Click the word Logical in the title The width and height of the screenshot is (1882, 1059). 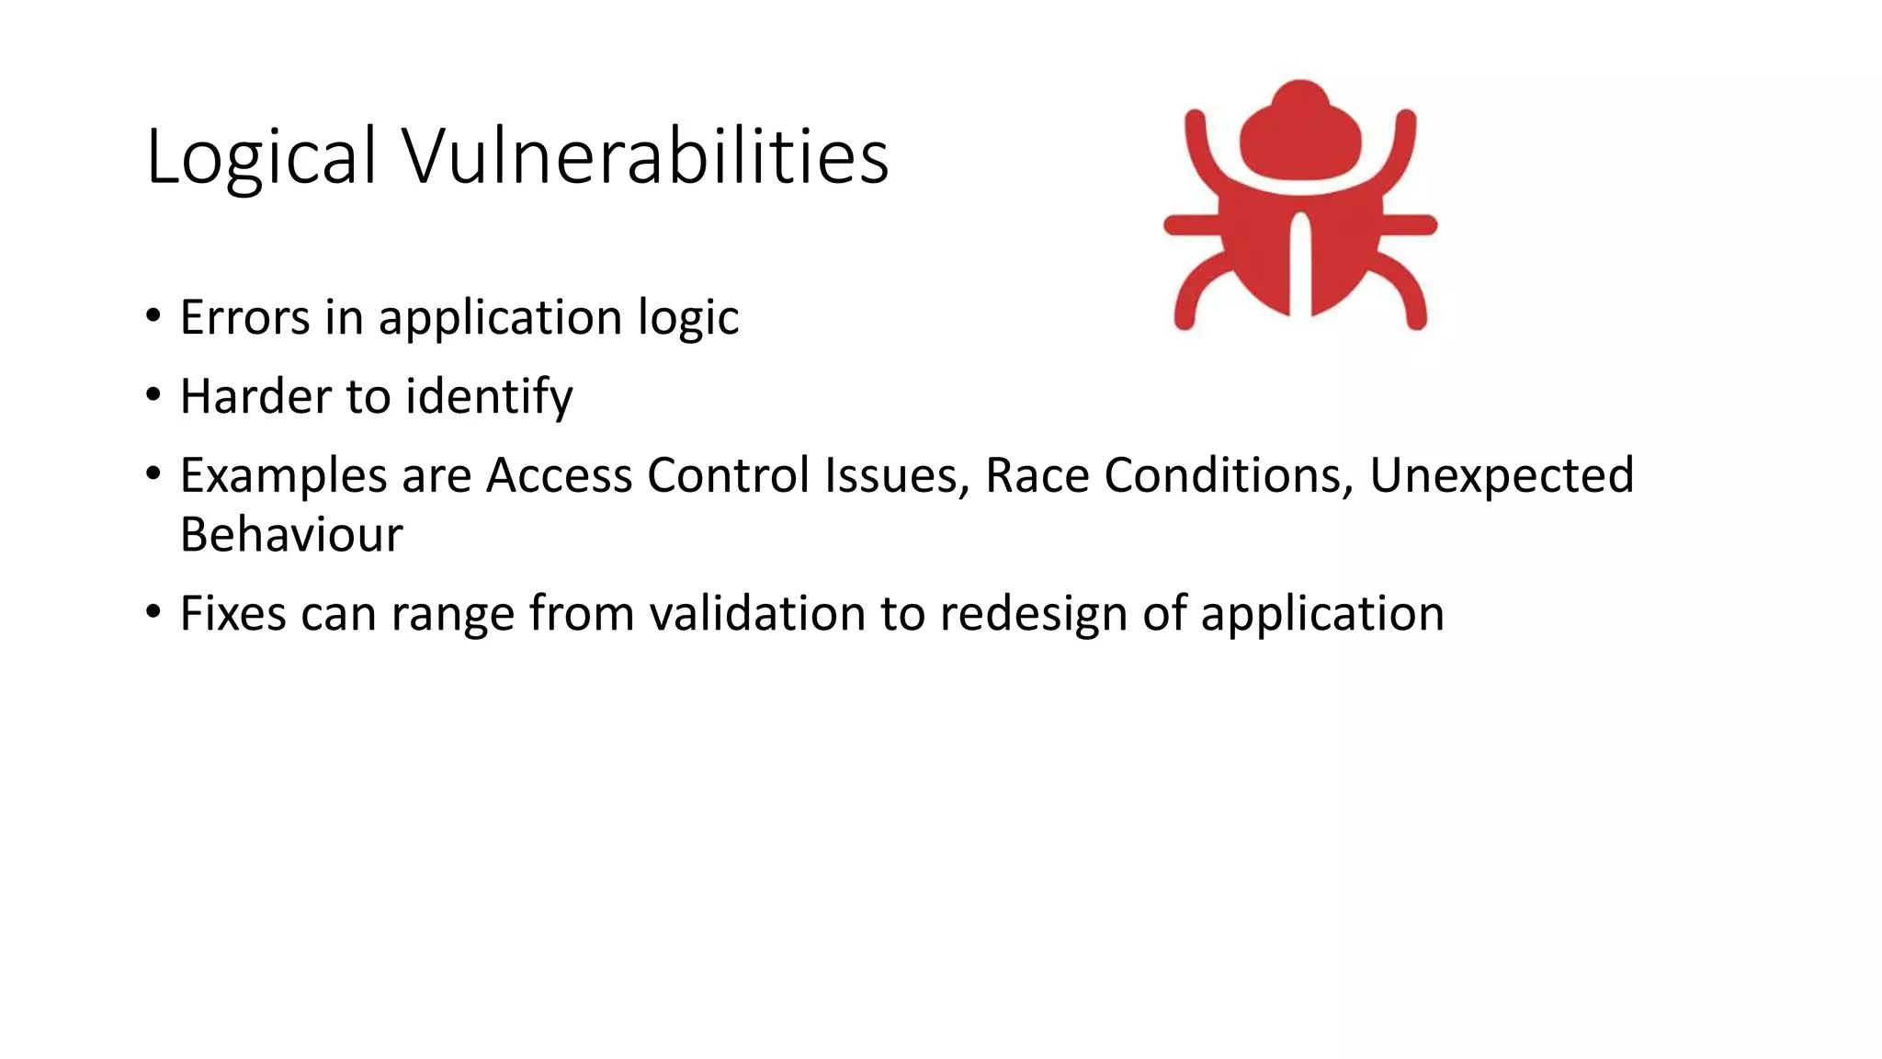[261, 156]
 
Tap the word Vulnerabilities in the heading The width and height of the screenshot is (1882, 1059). [645, 156]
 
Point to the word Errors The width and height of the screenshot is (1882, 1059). [244, 317]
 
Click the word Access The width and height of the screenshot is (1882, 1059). [559, 475]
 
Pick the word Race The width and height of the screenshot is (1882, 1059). [1037, 475]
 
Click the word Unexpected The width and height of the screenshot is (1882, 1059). [1502, 476]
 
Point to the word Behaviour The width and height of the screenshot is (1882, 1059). [291, 534]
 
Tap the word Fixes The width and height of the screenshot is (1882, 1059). [232, 613]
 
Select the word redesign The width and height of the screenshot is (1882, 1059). [1033, 615]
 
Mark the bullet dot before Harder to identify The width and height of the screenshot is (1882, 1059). [153, 396]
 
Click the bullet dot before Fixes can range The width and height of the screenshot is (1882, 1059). [153, 611]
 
